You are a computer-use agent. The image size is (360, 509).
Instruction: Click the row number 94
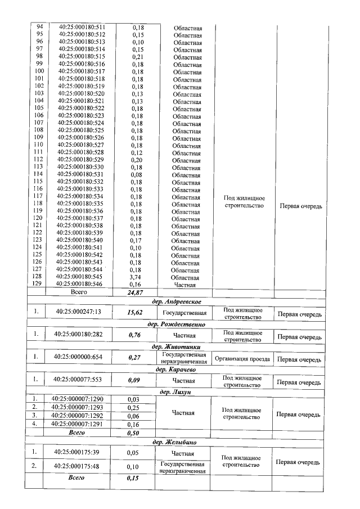pyautogui.click(x=39, y=27)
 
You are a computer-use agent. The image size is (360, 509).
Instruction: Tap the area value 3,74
pyautogui.click(x=138, y=277)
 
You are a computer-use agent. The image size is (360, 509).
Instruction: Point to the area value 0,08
pyautogui.click(x=138, y=174)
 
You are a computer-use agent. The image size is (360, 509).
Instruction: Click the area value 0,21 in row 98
pyautogui.click(x=138, y=57)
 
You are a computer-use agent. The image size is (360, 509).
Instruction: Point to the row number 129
pyautogui.click(x=39, y=285)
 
